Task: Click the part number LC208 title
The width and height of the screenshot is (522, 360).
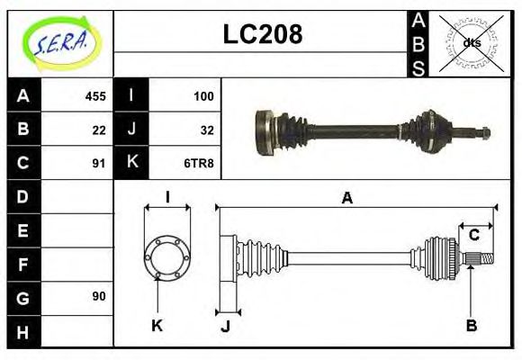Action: click(262, 35)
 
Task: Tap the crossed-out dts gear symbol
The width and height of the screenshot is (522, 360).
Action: click(471, 42)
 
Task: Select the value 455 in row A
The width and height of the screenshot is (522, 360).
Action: click(94, 95)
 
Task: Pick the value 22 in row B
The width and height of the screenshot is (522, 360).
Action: click(99, 129)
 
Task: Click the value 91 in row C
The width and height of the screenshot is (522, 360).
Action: click(99, 163)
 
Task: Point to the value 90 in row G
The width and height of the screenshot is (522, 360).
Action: click(99, 296)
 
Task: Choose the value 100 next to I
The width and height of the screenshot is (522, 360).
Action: click(203, 95)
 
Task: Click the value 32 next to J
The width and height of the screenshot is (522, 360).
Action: click(207, 129)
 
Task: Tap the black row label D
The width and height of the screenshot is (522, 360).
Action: click(23, 196)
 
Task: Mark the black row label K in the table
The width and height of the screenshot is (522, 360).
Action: click(131, 163)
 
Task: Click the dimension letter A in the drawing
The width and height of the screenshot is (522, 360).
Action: click(346, 198)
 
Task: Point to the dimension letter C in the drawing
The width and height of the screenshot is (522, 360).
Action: click(473, 235)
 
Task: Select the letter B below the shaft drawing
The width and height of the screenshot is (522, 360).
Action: click(471, 325)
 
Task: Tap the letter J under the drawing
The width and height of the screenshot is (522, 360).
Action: click(225, 326)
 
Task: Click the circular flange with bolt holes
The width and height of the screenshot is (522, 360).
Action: click(167, 257)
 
